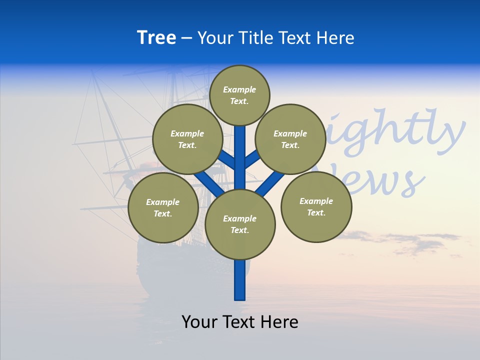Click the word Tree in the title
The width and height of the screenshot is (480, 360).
pos(156,38)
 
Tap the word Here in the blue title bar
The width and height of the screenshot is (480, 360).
pos(335,38)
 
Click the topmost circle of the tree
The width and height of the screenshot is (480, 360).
pos(239,95)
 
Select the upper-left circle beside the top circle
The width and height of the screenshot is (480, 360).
pos(187,139)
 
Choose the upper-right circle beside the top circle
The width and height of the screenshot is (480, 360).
pos(290,139)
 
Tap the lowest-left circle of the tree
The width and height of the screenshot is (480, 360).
pos(162,208)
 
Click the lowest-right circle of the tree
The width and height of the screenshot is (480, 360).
pos(316,207)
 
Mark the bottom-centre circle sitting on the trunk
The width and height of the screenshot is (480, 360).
pos(240,224)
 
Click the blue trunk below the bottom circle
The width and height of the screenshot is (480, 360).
pos(240,280)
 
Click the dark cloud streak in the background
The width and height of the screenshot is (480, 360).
pos(415,240)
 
